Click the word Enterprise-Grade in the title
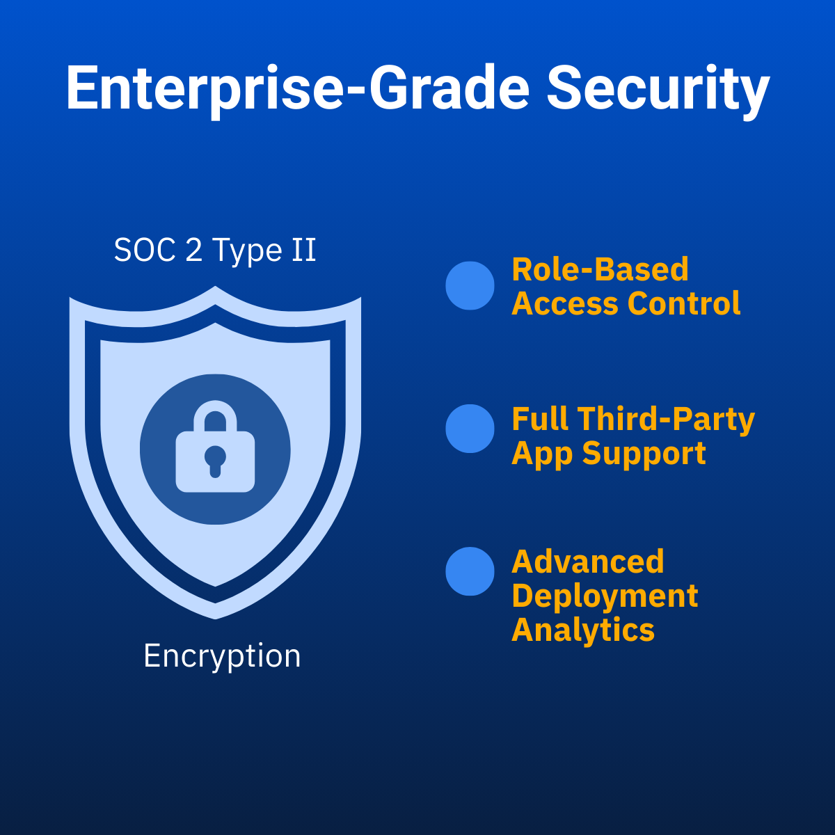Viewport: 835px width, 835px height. tap(297, 90)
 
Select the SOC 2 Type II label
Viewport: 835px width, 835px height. tap(215, 251)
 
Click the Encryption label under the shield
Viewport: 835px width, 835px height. tap(222, 656)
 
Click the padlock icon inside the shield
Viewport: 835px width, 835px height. tap(215, 446)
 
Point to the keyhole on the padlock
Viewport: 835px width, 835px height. tap(215, 461)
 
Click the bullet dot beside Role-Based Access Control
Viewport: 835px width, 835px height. tap(470, 285)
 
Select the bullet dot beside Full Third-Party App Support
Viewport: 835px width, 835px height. tap(470, 429)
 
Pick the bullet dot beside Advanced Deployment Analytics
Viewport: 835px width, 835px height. tap(470, 571)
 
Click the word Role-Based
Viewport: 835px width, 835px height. tap(600, 269)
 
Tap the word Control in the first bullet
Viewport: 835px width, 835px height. tap(684, 303)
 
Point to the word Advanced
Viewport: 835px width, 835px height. tap(588, 562)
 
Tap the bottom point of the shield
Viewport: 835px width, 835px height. tap(215, 619)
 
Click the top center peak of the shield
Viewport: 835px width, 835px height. tap(215, 286)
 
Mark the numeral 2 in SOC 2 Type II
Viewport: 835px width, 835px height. tap(193, 251)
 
